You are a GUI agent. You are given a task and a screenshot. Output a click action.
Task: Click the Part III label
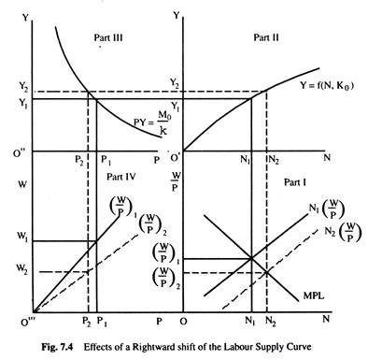click(x=108, y=38)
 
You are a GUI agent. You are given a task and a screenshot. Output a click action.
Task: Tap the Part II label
click(x=266, y=37)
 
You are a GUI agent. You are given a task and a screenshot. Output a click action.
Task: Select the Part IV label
click(x=121, y=177)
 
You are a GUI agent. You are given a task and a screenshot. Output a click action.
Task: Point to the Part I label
click(x=295, y=182)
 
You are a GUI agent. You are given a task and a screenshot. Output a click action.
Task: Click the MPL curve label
click(x=314, y=295)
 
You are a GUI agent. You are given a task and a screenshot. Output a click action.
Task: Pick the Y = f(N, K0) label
click(x=327, y=85)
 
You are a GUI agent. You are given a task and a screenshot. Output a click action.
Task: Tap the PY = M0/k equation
click(x=151, y=122)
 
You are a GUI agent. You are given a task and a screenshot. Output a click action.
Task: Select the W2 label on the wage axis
click(x=22, y=268)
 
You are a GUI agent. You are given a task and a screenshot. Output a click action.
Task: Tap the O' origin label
click(x=175, y=157)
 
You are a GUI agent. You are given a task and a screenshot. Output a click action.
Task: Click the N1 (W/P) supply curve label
click(x=327, y=209)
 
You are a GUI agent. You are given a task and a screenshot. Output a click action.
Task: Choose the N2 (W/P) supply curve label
click(x=343, y=232)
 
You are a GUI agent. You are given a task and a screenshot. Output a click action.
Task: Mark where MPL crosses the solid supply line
click(x=251, y=258)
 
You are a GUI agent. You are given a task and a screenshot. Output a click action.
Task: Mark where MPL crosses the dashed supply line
click(x=267, y=272)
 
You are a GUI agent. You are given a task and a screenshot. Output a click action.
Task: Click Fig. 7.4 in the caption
click(x=57, y=347)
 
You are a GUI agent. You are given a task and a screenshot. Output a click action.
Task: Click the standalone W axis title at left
click(x=22, y=185)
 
